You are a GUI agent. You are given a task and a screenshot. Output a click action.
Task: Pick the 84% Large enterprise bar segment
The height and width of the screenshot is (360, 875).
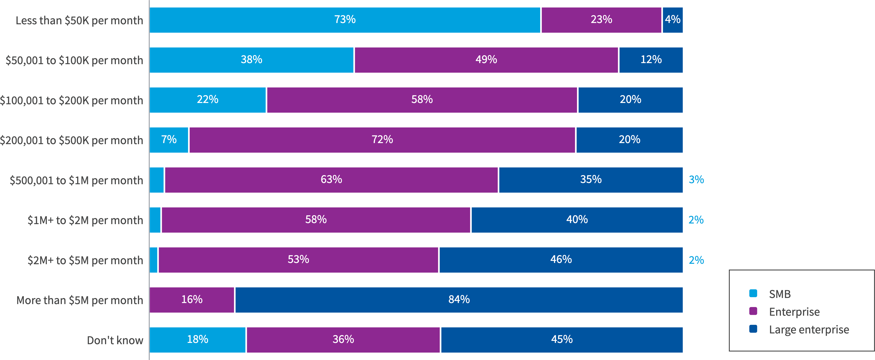click(459, 300)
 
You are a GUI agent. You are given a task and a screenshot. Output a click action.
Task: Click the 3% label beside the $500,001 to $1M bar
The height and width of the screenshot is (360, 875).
click(696, 180)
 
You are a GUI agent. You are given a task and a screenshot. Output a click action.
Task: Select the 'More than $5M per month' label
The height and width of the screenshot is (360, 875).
click(80, 300)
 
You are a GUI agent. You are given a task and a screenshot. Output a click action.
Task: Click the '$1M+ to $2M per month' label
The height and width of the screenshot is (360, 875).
click(85, 221)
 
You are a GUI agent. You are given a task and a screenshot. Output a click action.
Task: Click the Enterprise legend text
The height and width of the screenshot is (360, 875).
click(794, 312)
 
